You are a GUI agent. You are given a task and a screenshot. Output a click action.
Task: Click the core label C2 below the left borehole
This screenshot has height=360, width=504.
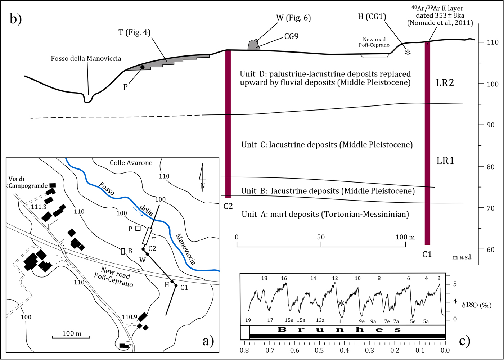228,206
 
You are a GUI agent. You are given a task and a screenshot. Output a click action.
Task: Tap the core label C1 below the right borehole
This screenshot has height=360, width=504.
427,255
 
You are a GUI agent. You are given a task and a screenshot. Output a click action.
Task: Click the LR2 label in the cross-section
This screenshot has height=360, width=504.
445,83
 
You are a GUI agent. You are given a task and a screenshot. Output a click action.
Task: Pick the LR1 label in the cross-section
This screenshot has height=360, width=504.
445,161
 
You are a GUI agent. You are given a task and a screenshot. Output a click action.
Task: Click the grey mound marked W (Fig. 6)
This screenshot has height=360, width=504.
254,45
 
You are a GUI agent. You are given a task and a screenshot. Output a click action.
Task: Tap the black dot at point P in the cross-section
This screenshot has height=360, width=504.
142,67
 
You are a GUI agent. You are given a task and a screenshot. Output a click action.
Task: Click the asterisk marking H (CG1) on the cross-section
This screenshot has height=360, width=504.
408,53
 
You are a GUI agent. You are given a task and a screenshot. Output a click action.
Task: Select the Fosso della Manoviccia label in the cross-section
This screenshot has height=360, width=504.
86,58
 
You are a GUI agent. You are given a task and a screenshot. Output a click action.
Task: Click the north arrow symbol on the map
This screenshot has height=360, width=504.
203,176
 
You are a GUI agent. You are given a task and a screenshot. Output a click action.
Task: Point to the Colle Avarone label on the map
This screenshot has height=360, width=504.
131,163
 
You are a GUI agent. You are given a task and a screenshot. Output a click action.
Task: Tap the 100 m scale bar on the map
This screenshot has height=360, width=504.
71,337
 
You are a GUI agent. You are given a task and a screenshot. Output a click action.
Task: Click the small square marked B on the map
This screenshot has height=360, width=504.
123,251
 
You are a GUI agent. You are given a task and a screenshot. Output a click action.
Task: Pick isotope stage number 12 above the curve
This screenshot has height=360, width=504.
335,278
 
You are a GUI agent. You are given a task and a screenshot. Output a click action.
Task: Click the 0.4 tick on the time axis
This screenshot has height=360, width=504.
345,350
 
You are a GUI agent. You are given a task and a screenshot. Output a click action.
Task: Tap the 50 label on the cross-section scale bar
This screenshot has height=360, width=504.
321,237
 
